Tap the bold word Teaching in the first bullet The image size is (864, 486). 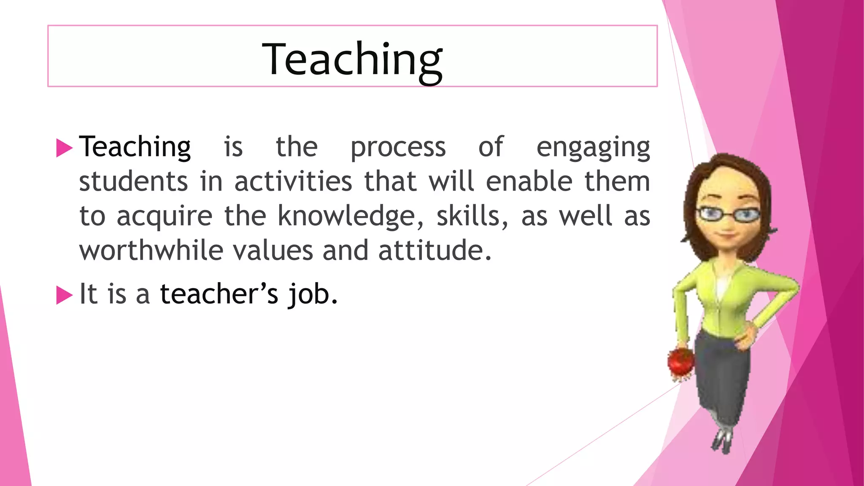135,147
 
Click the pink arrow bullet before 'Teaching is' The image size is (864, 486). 64,148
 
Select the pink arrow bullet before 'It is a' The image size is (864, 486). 64,295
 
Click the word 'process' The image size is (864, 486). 398,148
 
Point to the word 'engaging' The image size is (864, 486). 593,148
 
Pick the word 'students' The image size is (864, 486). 133,182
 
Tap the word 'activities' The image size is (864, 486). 293,182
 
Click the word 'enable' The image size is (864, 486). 529,182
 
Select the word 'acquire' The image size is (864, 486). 165,216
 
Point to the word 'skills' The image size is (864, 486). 468,216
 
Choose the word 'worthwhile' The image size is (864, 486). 151,251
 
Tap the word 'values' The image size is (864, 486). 273,251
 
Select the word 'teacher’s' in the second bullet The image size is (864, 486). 219,294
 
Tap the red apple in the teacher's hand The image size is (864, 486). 680,361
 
